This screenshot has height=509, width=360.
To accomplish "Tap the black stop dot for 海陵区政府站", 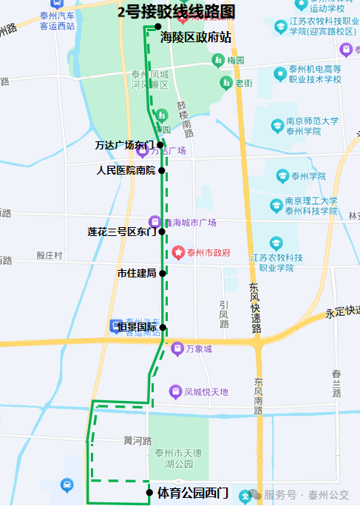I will [x=157, y=27].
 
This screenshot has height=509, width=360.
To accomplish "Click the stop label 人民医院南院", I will [x=126, y=170].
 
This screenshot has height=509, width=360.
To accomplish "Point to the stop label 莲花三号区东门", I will [x=122, y=232].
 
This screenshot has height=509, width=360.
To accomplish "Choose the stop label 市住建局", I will [x=137, y=273].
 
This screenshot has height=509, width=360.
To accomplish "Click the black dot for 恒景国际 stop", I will [x=163, y=327].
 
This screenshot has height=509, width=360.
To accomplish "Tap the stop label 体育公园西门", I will [x=192, y=492].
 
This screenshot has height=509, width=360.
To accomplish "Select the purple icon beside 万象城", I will [x=177, y=348].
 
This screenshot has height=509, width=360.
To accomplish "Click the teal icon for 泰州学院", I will [x=282, y=175].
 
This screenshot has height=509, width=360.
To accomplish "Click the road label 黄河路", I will [x=137, y=440].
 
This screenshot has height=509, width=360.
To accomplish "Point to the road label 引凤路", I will [x=224, y=314].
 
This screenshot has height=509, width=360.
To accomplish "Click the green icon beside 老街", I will [x=225, y=83].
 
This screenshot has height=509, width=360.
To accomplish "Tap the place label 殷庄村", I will [x=50, y=255].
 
